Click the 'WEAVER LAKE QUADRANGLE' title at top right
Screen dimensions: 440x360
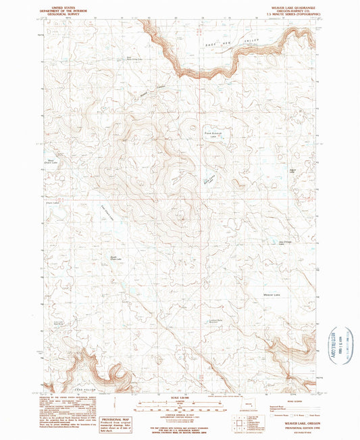[x=291, y=4]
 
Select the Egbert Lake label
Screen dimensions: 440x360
[x=292, y=169]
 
